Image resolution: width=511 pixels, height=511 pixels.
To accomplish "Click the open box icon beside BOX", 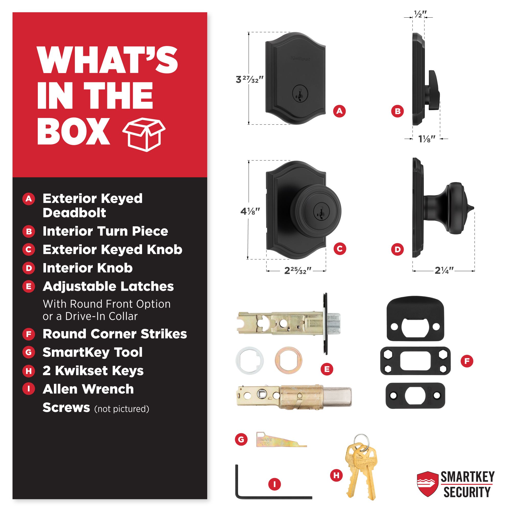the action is coord(144,135).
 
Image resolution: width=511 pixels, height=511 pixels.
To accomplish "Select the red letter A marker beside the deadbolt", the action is coord(339,111).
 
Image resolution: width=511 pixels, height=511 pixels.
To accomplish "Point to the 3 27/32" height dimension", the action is coord(249,79).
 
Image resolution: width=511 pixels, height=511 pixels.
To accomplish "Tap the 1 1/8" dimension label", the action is coord(426,138).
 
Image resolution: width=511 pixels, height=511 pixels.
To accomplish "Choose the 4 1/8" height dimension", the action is coord(250,211).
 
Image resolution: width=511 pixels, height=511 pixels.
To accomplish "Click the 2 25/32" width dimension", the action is coord(298,271).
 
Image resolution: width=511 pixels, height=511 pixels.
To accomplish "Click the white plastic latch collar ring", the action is coord(249,361).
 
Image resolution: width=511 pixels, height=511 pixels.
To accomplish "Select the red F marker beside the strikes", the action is coord(467,361).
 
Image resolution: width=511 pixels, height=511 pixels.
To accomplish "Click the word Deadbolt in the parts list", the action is coord(74,213).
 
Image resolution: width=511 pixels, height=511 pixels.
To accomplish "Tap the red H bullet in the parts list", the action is coord(29,371).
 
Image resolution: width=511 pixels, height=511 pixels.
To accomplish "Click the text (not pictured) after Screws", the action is coord(122,409).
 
